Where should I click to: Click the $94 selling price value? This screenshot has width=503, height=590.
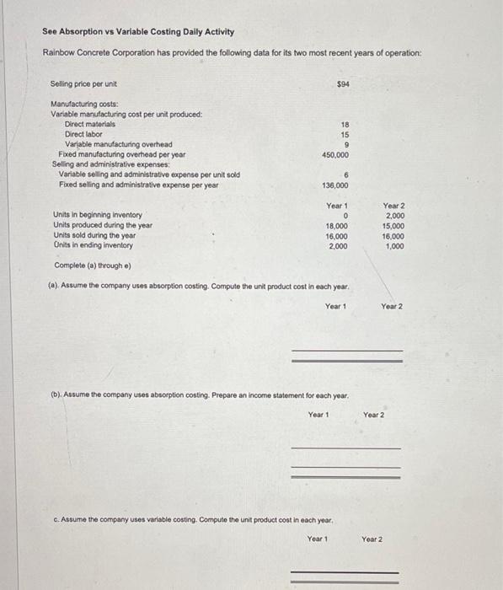pyautogui.click(x=343, y=83)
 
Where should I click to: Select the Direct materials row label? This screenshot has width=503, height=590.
pyautogui.click(x=90, y=124)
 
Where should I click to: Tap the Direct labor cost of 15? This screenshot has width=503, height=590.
pyautogui.click(x=345, y=134)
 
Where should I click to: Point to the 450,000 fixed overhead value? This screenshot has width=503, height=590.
pyautogui.click(x=336, y=155)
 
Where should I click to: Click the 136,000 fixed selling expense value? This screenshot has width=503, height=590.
pyautogui.click(x=336, y=185)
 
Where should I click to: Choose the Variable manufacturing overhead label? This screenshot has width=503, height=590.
pyautogui.click(x=119, y=144)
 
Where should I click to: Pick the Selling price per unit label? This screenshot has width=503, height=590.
pyautogui.click(x=83, y=83)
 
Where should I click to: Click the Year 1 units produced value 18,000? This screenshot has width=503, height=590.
pyautogui.click(x=338, y=226)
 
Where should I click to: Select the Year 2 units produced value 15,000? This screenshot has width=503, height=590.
pyautogui.click(x=393, y=226)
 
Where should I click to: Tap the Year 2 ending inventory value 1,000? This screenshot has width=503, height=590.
pyautogui.click(x=394, y=246)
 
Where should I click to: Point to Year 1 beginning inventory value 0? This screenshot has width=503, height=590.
pyautogui.click(x=346, y=216)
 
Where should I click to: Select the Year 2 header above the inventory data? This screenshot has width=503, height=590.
pyautogui.click(x=393, y=205)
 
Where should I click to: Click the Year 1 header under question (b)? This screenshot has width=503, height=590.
pyautogui.click(x=318, y=415)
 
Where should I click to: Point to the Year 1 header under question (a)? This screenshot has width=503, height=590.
pyautogui.click(x=335, y=306)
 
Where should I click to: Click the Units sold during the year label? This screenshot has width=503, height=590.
pyautogui.click(x=94, y=236)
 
